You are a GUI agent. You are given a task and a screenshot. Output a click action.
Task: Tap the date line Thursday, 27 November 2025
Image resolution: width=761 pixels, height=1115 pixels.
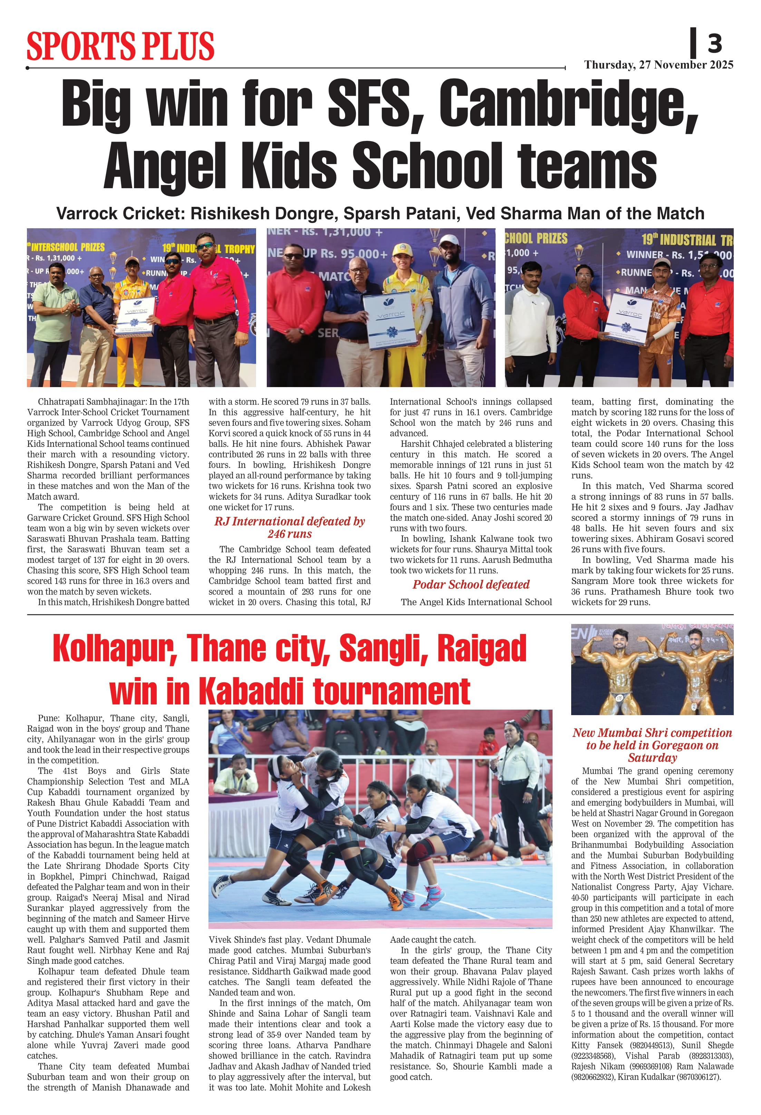658,65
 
